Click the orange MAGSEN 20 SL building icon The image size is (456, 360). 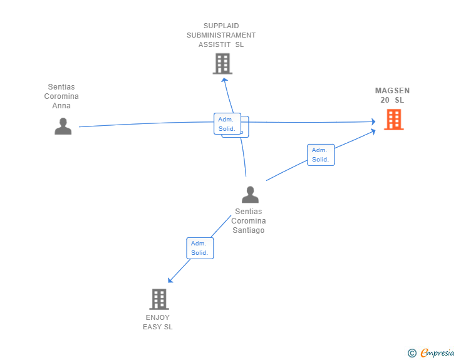pos(393,119)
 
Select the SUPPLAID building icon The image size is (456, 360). pos(222,63)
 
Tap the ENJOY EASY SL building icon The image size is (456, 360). pos(159,299)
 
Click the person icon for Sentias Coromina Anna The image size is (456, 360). pos(63,126)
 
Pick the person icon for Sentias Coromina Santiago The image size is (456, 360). pos(250,195)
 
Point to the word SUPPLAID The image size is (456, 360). pos(221,26)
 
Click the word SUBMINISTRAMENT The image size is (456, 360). pos(221,35)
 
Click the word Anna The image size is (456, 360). pos(61,106)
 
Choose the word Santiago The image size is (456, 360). pos(249,230)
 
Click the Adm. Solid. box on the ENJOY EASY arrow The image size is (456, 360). pos(200,248)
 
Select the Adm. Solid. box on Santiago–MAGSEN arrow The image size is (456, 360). pos(321,155)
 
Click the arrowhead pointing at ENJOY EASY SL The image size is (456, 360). pos(170,279)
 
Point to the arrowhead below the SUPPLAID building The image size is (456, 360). pos(224,79)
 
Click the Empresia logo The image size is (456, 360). pos(437,353)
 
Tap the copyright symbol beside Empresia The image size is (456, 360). pos(412,353)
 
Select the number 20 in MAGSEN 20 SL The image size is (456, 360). pos(385,100)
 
